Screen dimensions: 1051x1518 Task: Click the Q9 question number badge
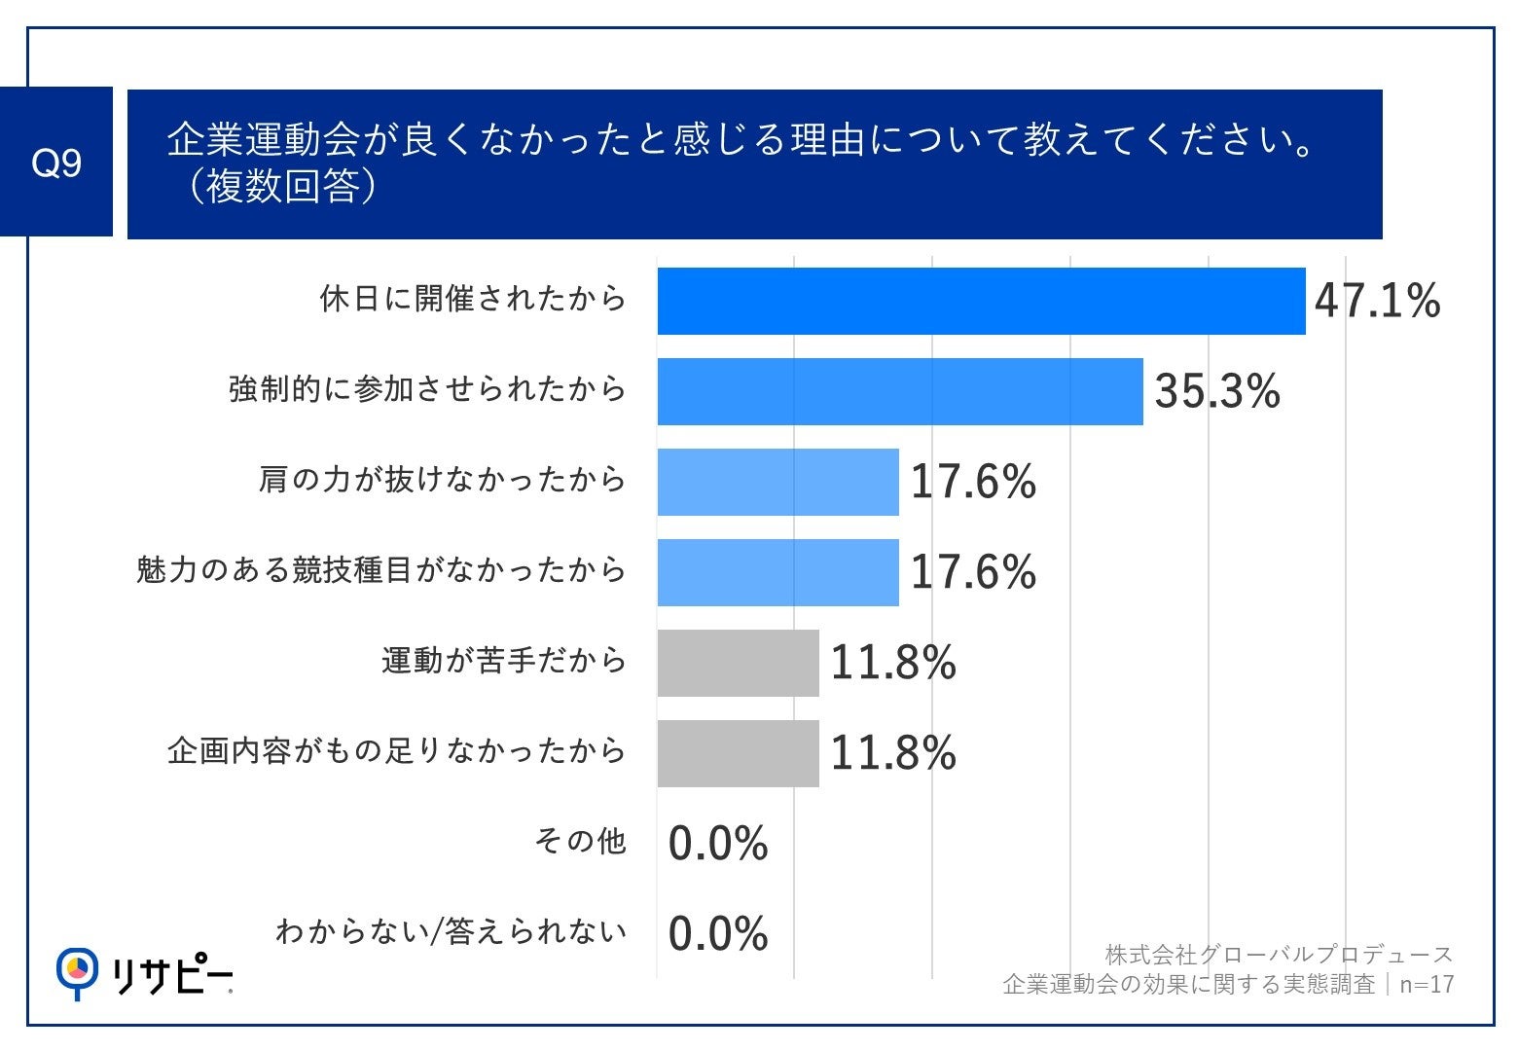56,163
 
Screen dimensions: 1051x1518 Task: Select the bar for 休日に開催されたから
981,302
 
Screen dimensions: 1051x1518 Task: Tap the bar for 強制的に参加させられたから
900,392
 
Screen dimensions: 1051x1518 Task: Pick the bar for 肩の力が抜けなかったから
777,483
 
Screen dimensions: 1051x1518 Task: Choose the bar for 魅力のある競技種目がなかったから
777,573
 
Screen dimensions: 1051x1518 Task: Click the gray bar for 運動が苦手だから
738,664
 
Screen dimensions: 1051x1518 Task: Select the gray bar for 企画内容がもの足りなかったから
738,754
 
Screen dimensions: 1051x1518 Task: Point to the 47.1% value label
1376,302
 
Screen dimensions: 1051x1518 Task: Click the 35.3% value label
1216,392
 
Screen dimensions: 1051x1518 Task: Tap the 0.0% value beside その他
718,844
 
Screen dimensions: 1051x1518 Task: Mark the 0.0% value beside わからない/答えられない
718,934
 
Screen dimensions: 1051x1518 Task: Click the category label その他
580,841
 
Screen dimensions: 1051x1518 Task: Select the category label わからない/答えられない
451,931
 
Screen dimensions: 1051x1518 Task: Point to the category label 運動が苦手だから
504,662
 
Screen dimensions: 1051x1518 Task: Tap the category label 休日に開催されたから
473,299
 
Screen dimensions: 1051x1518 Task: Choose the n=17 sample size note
1427,985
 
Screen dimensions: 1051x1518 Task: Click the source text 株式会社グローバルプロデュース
1279,955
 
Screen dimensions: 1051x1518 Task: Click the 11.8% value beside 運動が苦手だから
893,664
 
